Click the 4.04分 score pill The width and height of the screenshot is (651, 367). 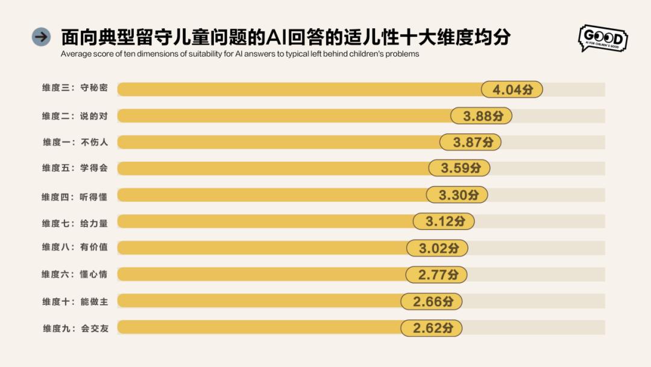(x=512, y=89)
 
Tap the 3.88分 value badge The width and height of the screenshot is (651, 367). (x=482, y=116)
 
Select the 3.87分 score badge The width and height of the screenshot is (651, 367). (x=470, y=142)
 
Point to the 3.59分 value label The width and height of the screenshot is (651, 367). (x=459, y=168)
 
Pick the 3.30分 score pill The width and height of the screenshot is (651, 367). (x=456, y=195)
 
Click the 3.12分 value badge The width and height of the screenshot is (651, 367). (x=444, y=222)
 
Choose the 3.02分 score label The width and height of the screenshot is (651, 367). (x=436, y=247)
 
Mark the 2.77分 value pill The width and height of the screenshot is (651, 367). (x=436, y=275)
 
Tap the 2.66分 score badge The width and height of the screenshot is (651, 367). (x=431, y=301)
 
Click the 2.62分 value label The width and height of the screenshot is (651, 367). (x=431, y=328)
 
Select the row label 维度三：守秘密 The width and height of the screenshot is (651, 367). (x=75, y=88)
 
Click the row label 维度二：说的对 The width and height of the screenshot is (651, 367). (x=75, y=116)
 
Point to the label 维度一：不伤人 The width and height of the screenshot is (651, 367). (x=75, y=142)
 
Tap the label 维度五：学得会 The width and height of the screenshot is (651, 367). (x=75, y=168)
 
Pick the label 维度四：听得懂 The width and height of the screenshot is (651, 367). (x=75, y=196)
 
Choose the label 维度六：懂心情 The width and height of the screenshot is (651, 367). (x=75, y=275)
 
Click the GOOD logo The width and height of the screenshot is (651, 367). (x=602, y=37)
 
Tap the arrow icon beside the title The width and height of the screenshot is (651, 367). (x=41, y=37)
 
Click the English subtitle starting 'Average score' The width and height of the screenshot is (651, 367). (x=239, y=54)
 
